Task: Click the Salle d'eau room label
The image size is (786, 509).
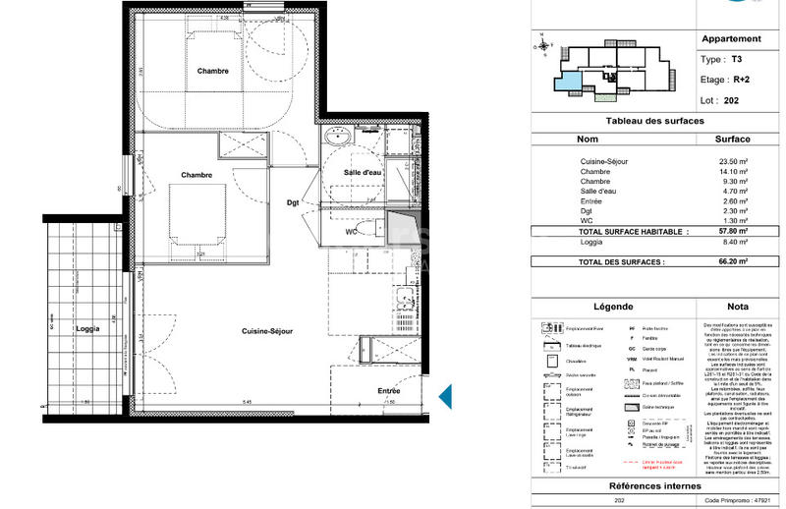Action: pos(363,174)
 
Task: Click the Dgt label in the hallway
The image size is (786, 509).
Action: pos(293,203)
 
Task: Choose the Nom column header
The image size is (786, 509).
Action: pos(588,140)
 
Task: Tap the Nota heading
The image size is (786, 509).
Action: pos(730,307)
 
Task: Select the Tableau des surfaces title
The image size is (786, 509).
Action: pos(654,120)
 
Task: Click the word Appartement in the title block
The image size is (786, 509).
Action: pos(730,39)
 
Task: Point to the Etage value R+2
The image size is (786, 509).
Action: pos(744,79)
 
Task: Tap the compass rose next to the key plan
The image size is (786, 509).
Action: pos(542,43)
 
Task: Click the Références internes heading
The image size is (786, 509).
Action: pos(654,486)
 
